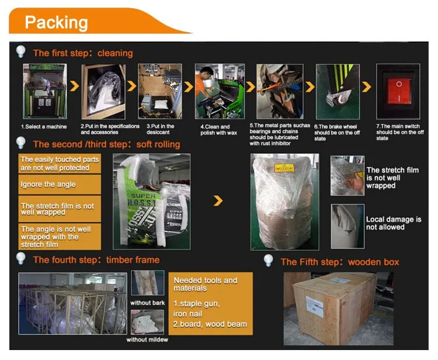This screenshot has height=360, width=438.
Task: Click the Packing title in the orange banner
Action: [x=57, y=23]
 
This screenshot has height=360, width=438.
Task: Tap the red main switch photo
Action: [x=398, y=91]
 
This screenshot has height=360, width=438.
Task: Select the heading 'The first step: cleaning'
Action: [x=83, y=53]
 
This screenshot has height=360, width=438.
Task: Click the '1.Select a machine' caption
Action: [x=44, y=126]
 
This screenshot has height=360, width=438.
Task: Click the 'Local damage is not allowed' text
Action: [x=394, y=223]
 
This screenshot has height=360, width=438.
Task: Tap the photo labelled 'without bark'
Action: [x=147, y=283]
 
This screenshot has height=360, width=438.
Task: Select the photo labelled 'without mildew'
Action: [x=147, y=321]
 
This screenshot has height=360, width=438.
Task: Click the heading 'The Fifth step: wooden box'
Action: [x=340, y=262]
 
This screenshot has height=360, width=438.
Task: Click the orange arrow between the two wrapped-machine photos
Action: [x=218, y=201]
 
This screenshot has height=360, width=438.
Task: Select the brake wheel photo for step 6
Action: [x=338, y=91]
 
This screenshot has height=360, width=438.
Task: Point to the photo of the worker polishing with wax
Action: [x=220, y=91]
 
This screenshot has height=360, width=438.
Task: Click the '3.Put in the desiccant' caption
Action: [x=160, y=126]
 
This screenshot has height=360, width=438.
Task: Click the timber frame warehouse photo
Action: [x=72, y=303]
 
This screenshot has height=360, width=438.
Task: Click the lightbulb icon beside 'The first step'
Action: [x=22, y=52]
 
